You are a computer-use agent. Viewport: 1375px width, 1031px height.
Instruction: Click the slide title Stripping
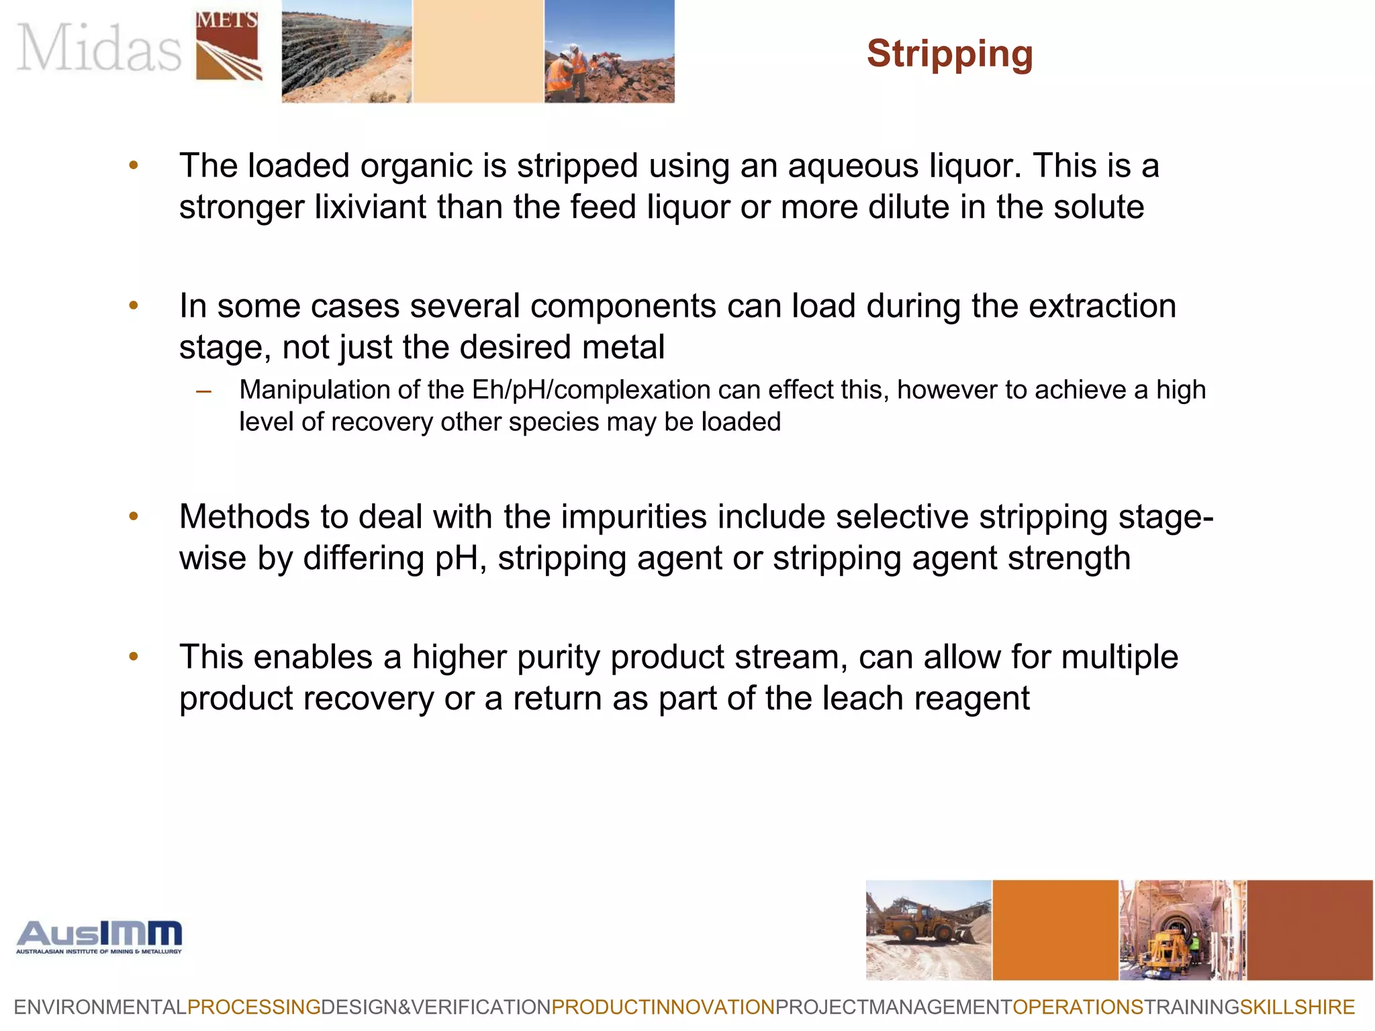(x=949, y=54)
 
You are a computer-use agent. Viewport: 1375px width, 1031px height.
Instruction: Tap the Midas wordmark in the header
(x=99, y=47)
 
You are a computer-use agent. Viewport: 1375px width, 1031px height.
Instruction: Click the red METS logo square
(x=228, y=46)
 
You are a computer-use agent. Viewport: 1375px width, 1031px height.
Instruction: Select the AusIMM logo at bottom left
(x=99, y=936)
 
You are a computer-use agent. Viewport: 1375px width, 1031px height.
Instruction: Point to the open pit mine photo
(x=346, y=51)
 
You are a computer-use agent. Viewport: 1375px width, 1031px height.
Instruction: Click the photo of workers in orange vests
(x=609, y=51)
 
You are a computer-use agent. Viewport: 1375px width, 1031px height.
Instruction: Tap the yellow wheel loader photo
(x=928, y=930)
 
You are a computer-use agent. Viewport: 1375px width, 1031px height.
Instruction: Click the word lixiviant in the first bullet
(x=370, y=207)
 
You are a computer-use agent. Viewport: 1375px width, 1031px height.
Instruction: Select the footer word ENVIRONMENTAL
(x=100, y=1007)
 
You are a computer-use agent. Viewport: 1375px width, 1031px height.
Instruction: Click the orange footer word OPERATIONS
(x=1077, y=1007)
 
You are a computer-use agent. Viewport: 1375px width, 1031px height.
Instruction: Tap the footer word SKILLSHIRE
(x=1297, y=1007)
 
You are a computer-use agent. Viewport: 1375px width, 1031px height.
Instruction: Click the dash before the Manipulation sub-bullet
(x=204, y=391)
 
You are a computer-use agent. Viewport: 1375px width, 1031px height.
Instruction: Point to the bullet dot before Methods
(x=134, y=516)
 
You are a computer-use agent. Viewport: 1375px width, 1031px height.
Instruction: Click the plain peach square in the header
(x=477, y=51)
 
